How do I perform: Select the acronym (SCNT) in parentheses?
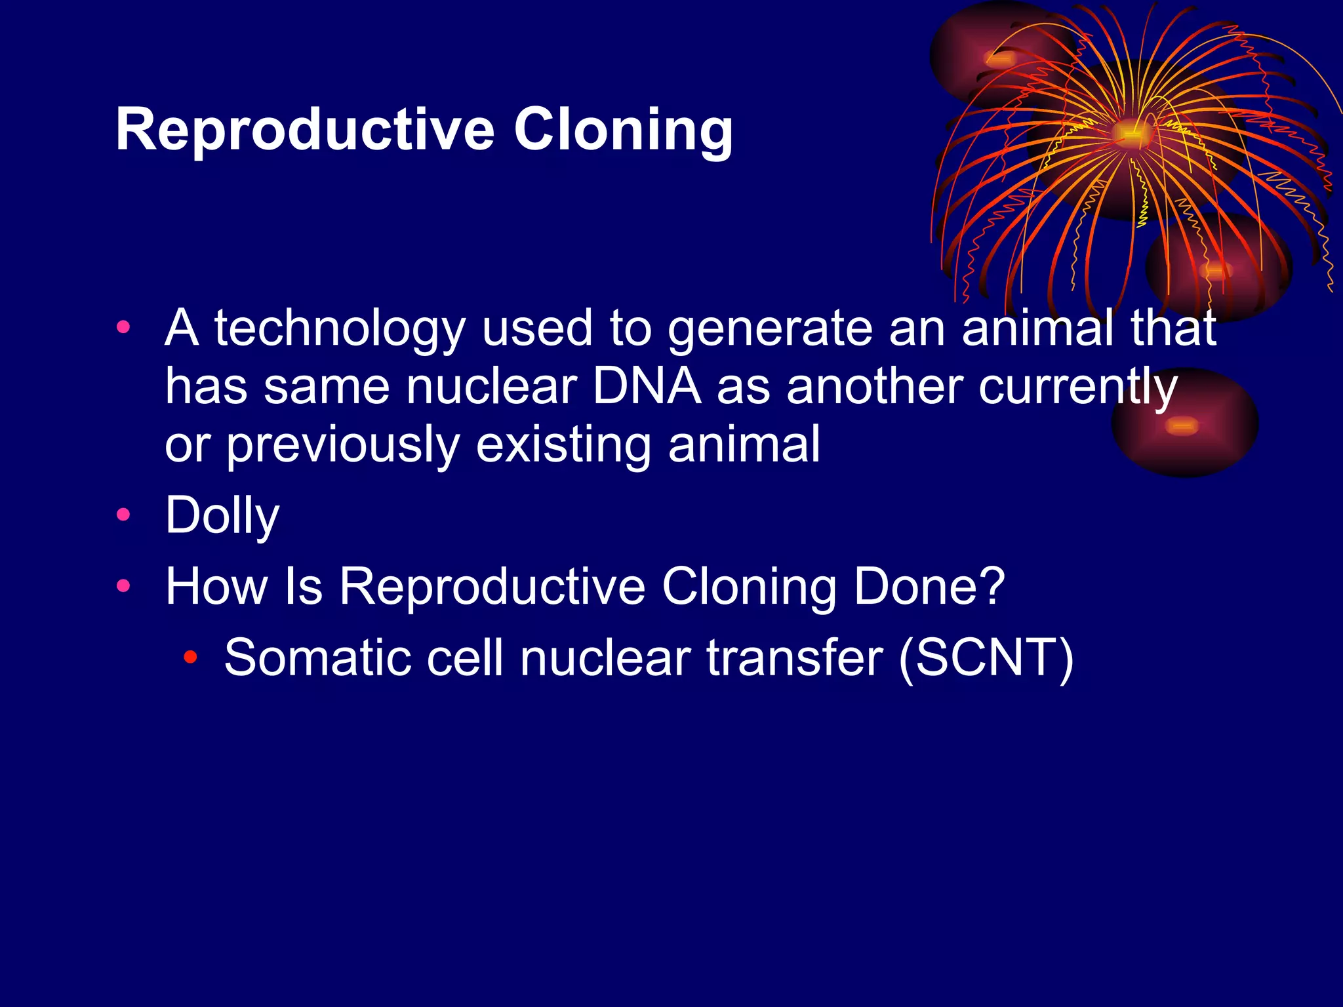(986, 658)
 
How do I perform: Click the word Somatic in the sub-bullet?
(317, 658)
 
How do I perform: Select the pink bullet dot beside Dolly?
(123, 515)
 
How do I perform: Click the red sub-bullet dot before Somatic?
(190, 656)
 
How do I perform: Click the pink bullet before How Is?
(123, 585)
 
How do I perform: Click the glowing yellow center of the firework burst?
(1129, 133)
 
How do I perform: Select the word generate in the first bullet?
(770, 329)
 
